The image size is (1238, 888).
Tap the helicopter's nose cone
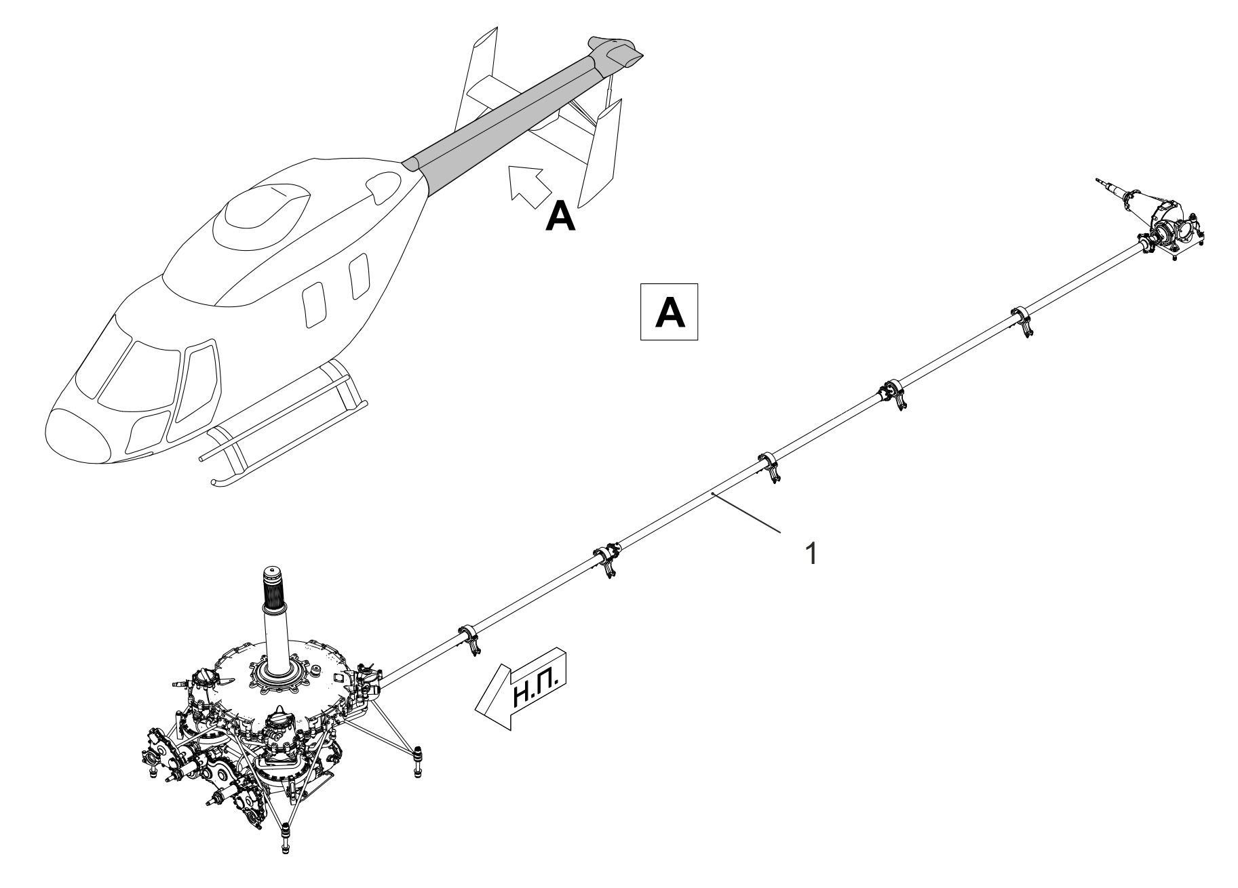pos(75,434)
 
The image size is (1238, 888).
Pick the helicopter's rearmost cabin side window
pos(357,276)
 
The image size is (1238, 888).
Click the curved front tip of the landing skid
pos(216,481)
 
